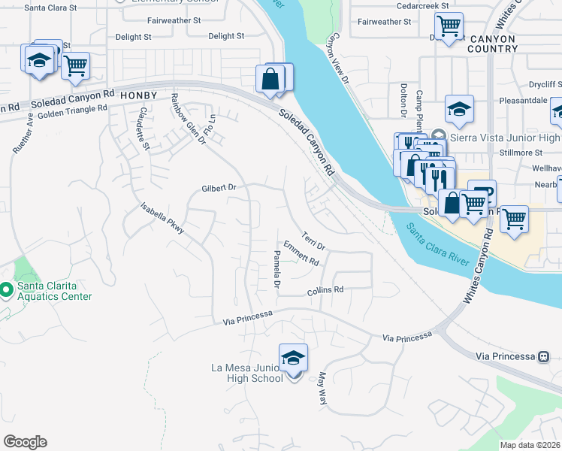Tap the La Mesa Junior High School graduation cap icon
click(x=293, y=358)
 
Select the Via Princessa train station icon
click(x=544, y=356)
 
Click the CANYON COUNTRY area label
click(x=494, y=44)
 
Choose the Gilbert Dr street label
click(x=219, y=188)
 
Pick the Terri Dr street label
click(x=313, y=241)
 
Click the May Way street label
click(x=323, y=389)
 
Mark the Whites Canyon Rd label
click(x=479, y=267)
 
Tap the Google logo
click(x=25, y=442)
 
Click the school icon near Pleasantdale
click(x=458, y=110)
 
